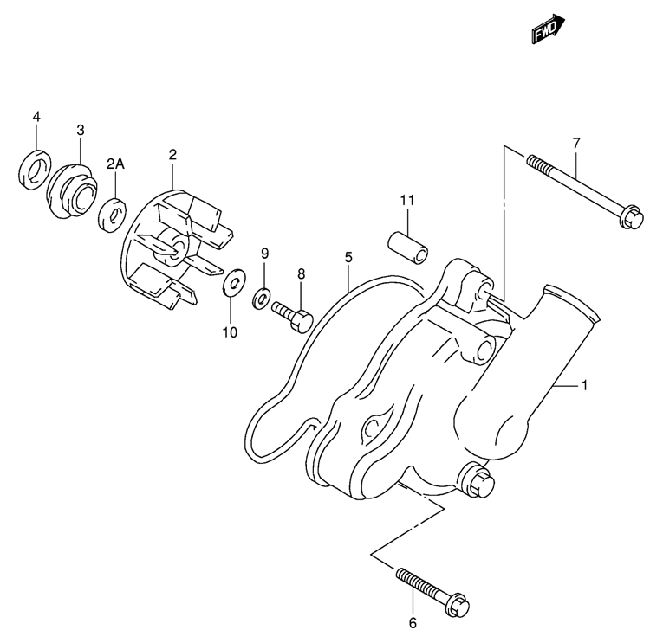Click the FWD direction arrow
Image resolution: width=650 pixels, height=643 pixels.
click(548, 31)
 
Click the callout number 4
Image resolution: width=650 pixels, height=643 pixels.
click(36, 116)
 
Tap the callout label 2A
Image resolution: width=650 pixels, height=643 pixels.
click(116, 163)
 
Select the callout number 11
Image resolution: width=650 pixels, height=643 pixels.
click(406, 201)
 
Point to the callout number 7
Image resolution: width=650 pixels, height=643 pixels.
click(575, 143)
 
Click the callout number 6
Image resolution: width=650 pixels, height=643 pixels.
click(413, 622)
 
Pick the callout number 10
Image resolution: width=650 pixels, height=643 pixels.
click(231, 331)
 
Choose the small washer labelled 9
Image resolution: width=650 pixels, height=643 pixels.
click(260, 299)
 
